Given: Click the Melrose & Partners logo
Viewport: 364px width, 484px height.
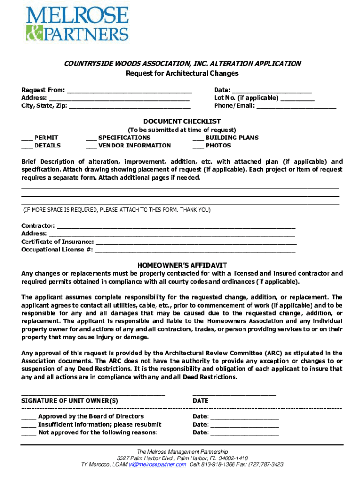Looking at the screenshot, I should (x=77, y=23).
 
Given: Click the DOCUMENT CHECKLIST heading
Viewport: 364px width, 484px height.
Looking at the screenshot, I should (x=182, y=121).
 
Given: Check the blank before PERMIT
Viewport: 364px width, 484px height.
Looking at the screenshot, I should (x=26, y=138).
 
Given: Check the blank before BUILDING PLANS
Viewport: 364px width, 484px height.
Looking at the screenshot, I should (x=198, y=138).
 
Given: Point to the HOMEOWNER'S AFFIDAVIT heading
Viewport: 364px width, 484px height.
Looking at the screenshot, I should (x=182, y=265).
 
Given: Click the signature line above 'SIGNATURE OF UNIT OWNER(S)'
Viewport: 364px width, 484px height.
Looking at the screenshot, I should (x=93, y=393).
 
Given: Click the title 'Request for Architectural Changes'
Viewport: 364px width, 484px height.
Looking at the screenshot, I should (x=182, y=73).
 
